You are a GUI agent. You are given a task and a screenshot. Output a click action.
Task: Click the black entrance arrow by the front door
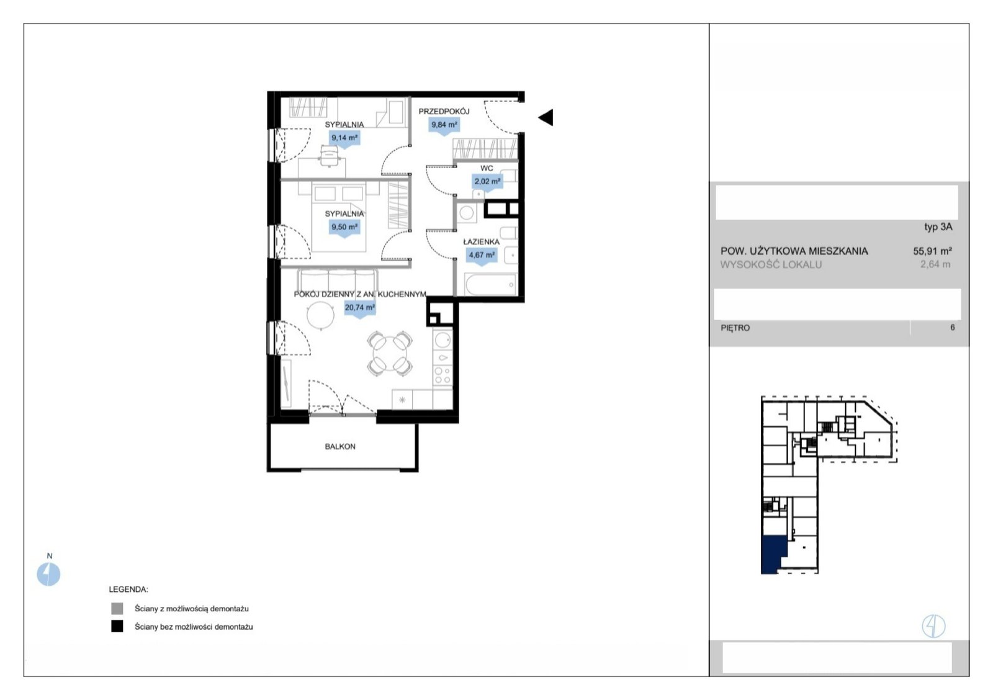546,117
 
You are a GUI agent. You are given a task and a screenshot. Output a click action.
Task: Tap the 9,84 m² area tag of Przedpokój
444,125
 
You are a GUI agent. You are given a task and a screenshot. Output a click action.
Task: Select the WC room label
487,168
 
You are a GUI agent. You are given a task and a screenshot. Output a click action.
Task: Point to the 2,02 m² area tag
487,182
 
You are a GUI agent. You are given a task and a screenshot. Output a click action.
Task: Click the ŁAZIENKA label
482,242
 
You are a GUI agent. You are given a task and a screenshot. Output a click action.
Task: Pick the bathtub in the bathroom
491,284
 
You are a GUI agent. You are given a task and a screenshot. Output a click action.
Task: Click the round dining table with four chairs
390,353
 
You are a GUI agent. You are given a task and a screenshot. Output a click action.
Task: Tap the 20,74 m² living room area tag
360,308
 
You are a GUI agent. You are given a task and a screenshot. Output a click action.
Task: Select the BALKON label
340,447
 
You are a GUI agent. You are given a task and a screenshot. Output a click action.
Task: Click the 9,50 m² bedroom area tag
344,228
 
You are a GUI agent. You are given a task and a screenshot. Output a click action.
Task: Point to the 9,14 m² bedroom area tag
344,138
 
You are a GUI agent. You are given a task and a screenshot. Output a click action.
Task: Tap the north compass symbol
48,574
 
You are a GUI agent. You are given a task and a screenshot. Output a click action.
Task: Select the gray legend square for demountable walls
117,609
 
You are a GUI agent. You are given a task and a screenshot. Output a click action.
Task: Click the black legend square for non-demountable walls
117,626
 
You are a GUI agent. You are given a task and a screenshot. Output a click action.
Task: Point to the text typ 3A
938,227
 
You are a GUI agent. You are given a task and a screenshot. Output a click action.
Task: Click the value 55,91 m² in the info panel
932,251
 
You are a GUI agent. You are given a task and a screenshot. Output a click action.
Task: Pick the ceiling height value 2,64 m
935,264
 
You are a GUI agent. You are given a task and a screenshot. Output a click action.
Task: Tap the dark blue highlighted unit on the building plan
772,555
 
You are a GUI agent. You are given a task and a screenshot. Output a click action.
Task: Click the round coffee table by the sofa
320,315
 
